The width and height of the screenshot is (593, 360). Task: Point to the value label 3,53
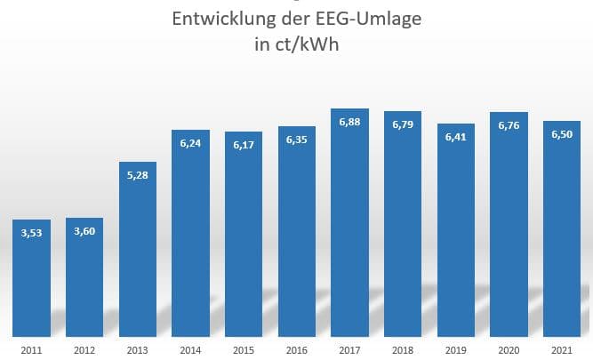click(31, 235)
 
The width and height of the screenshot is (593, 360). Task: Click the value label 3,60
click(84, 233)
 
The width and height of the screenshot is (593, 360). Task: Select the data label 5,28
click(137, 176)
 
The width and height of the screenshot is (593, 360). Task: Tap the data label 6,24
click(190, 145)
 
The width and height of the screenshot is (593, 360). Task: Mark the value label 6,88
click(349, 124)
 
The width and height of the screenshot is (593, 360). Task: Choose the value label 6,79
click(403, 126)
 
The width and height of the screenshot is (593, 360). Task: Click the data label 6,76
click(509, 127)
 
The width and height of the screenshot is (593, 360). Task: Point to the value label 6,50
click(562, 136)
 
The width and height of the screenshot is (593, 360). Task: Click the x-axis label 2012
click(84, 348)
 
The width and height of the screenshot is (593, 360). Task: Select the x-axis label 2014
click(190, 348)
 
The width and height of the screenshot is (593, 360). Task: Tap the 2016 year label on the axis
click(296, 348)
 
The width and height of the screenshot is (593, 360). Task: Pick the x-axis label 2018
click(403, 348)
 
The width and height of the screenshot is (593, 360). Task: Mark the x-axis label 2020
click(509, 348)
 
